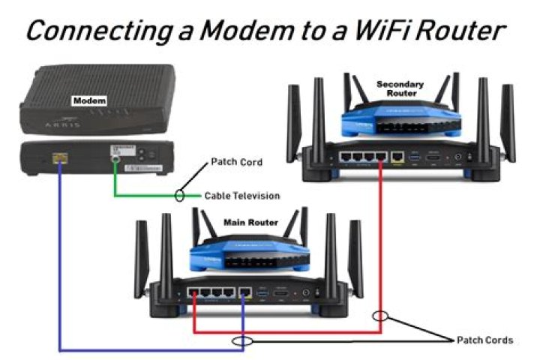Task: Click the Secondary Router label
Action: [x=400, y=89]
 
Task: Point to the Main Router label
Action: [x=251, y=222]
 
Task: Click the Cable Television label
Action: [x=242, y=196]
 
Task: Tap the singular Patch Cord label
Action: [x=235, y=161]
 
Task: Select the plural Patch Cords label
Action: [x=485, y=340]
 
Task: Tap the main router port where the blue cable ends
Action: [x=245, y=291]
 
